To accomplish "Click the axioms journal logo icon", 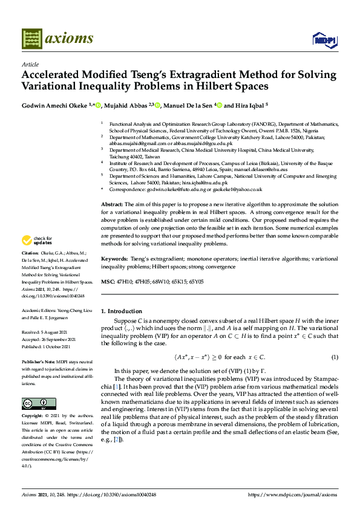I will [30, 39].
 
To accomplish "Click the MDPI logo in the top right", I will [324, 39].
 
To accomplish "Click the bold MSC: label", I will [107, 281].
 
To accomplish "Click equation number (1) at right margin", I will [334, 358].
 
